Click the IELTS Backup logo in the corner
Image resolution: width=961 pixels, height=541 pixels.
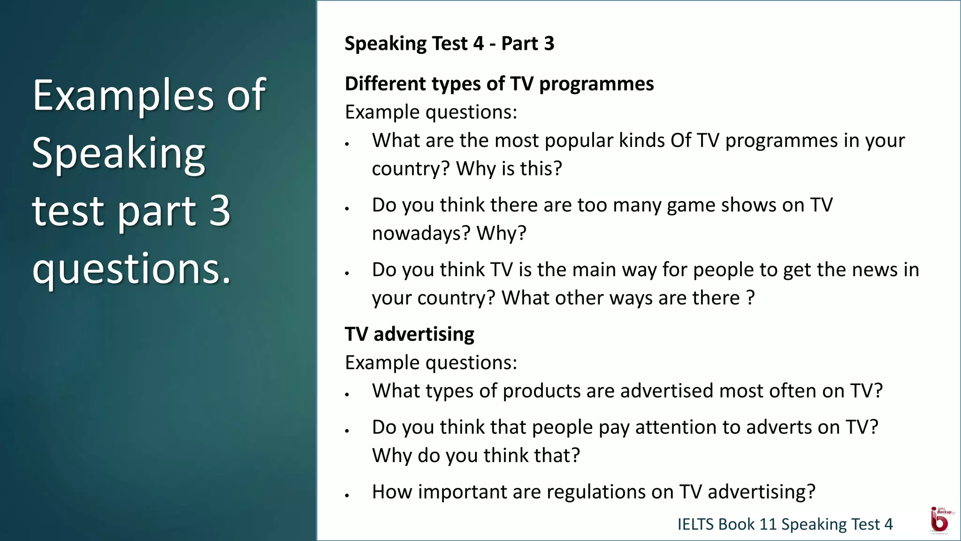click(x=939, y=520)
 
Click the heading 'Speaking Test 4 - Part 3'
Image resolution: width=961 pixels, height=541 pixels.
click(x=449, y=44)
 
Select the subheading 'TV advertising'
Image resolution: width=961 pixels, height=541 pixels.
click(x=409, y=334)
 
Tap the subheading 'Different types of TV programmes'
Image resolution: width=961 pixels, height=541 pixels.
click(x=499, y=84)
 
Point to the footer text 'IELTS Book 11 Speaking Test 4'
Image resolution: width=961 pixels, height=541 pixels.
click(x=785, y=524)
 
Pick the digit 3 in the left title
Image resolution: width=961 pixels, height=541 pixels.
click(x=219, y=210)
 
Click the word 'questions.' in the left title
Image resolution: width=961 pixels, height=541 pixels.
click(x=132, y=269)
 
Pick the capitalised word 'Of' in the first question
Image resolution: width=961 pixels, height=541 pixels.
click(x=680, y=140)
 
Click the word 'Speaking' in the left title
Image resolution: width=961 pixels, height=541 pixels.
click(x=119, y=154)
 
